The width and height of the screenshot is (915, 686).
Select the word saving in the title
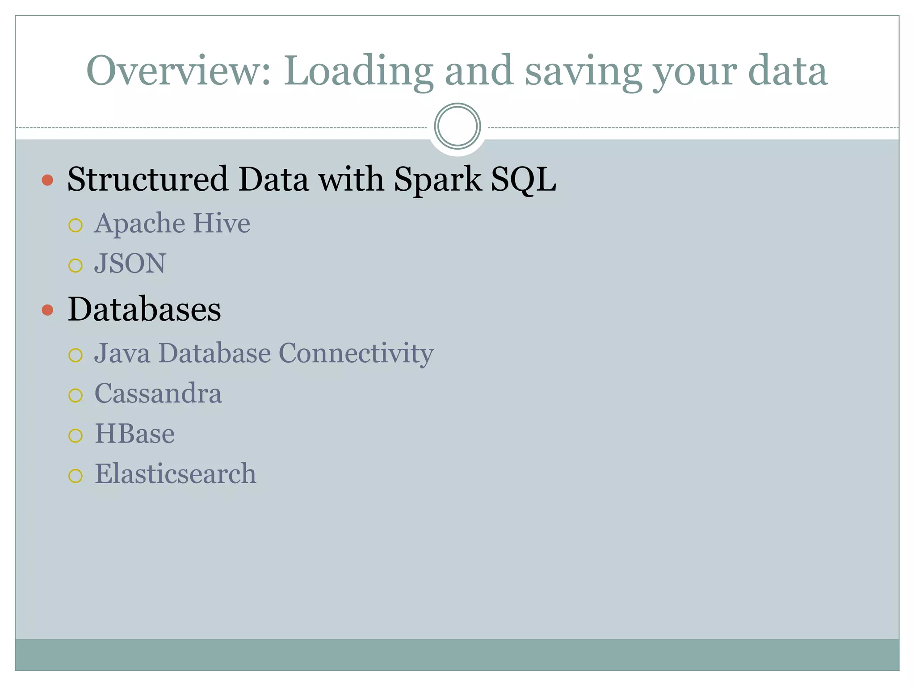(583, 71)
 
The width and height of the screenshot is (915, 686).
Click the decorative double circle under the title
(457, 126)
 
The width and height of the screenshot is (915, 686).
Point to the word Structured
(148, 179)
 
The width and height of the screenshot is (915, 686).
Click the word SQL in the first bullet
(523, 180)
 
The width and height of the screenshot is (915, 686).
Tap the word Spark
(438, 180)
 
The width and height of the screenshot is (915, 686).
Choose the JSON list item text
(130, 263)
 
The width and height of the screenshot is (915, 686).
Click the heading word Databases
(144, 309)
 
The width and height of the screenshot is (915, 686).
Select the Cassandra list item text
(158, 393)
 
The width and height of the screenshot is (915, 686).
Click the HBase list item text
(134, 434)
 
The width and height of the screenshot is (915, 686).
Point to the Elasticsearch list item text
(176, 474)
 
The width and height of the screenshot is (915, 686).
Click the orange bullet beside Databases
(47, 310)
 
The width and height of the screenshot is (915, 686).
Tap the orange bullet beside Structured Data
(47, 180)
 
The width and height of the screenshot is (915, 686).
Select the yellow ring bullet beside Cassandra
(76, 395)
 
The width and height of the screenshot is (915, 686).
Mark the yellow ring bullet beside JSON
(76, 265)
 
